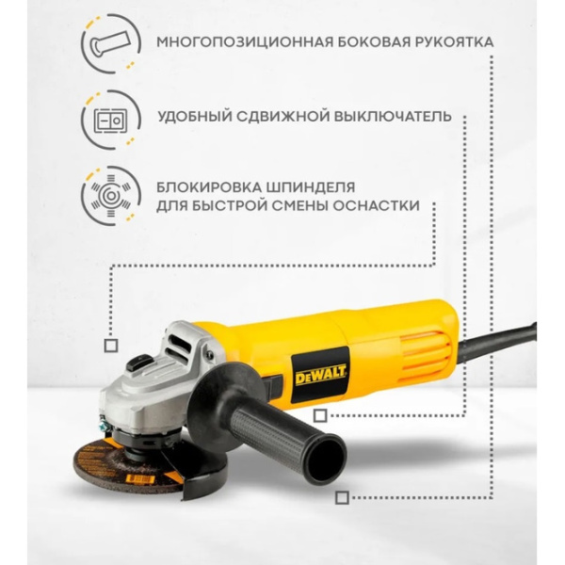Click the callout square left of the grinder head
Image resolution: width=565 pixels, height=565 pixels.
pyautogui.click(x=110, y=346)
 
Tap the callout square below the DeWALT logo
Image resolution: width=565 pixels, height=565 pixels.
pyautogui.click(x=320, y=415)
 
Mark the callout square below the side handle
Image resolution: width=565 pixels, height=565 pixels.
pyautogui.click(x=342, y=496)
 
